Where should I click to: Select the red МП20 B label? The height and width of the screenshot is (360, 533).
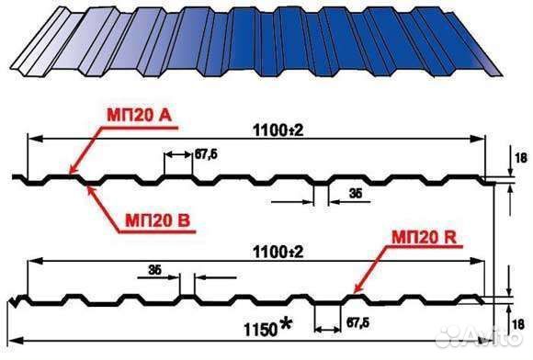154,221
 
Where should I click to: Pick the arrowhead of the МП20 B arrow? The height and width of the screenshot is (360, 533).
86,184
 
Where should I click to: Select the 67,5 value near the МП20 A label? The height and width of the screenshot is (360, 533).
207,153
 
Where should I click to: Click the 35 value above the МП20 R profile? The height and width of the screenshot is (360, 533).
154,270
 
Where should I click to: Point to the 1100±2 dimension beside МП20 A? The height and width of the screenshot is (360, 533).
278,129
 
